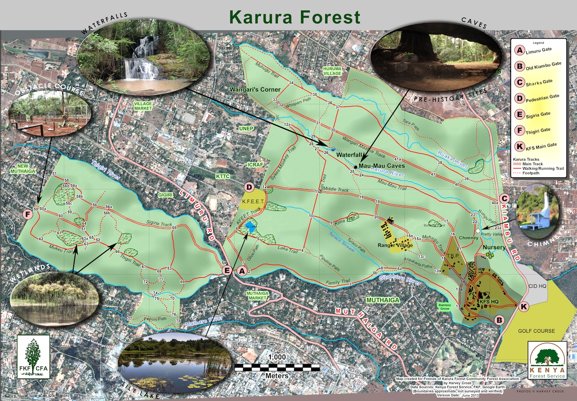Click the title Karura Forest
click(x=294, y=17)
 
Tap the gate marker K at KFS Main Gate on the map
click(x=524, y=307)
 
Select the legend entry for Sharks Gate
click(x=520, y=82)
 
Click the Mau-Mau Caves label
click(x=382, y=166)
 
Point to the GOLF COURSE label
click(x=536, y=331)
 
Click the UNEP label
click(x=246, y=129)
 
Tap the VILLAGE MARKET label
click(x=143, y=106)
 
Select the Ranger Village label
click(x=395, y=245)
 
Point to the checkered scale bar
click(x=277, y=368)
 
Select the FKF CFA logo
click(x=33, y=356)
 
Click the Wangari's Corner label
click(x=255, y=90)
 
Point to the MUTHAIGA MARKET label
click(x=257, y=296)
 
